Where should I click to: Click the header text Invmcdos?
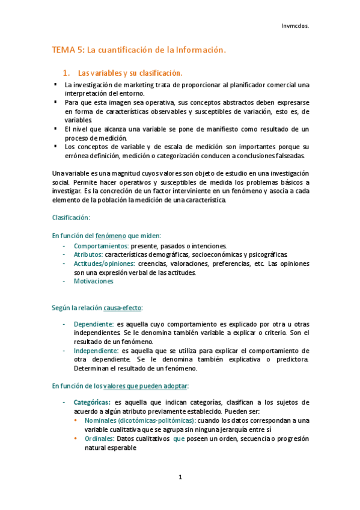[294, 26]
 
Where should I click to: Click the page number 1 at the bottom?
[180, 477]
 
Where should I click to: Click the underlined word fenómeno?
[109, 235]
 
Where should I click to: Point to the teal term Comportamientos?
[100, 245]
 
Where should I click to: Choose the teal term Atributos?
[89, 254]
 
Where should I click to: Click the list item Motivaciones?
[93, 281]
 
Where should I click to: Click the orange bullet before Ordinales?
[76, 438]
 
